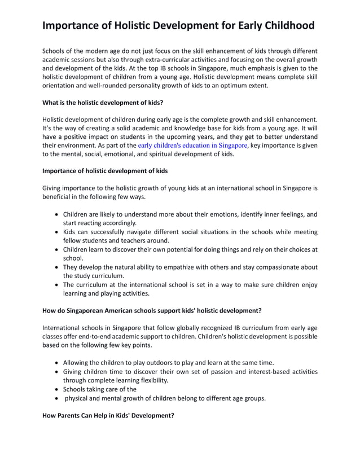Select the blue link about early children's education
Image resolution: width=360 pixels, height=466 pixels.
(x=192, y=145)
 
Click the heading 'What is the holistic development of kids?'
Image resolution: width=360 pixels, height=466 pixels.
(x=103, y=103)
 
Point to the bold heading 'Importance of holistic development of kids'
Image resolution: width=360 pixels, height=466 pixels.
(x=105, y=170)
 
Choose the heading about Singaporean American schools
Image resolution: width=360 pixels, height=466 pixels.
(x=152, y=310)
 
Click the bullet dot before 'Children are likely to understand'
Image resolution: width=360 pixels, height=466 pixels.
(x=57, y=214)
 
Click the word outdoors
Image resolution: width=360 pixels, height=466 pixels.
(x=155, y=362)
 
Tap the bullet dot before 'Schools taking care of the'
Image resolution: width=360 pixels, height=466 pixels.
(x=57, y=389)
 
